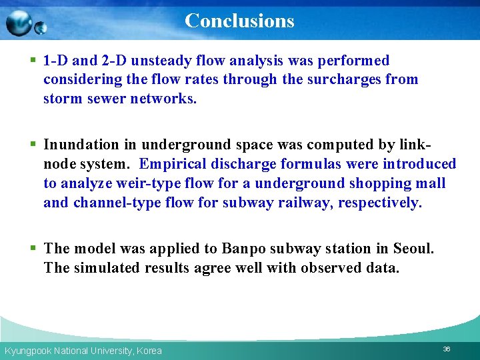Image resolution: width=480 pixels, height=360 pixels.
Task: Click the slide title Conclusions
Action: (x=239, y=21)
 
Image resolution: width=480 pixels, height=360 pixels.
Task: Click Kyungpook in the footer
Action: (x=26, y=351)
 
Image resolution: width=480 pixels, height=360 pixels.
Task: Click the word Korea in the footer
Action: (x=149, y=351)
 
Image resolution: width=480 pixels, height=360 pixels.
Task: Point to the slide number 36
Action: (x=447, y=349)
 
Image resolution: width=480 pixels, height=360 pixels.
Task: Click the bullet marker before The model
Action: (x=33, y=249)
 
